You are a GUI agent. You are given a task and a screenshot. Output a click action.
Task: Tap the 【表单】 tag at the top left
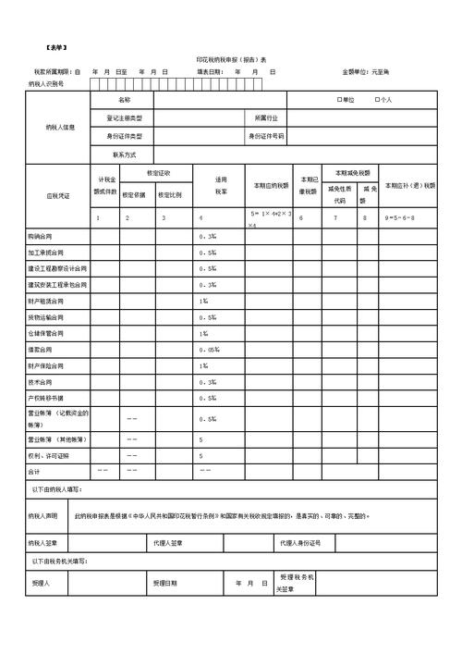[x=55, y=46]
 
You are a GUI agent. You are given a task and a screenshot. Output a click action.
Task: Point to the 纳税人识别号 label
[x=45, y=83]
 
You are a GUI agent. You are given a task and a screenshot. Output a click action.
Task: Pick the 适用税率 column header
[x=221, y=185]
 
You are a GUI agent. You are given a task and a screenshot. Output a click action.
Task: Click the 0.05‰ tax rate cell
[x=209, y=350]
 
